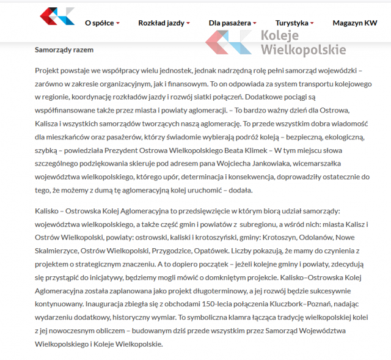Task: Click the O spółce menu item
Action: (99, 23)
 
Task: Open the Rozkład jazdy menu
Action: (161, 23)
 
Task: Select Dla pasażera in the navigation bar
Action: (229, 23)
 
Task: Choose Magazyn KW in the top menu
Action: (354, 23)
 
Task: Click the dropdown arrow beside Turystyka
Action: (312, 24)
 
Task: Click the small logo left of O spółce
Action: (57, 16)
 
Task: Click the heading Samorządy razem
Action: (64, 50)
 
